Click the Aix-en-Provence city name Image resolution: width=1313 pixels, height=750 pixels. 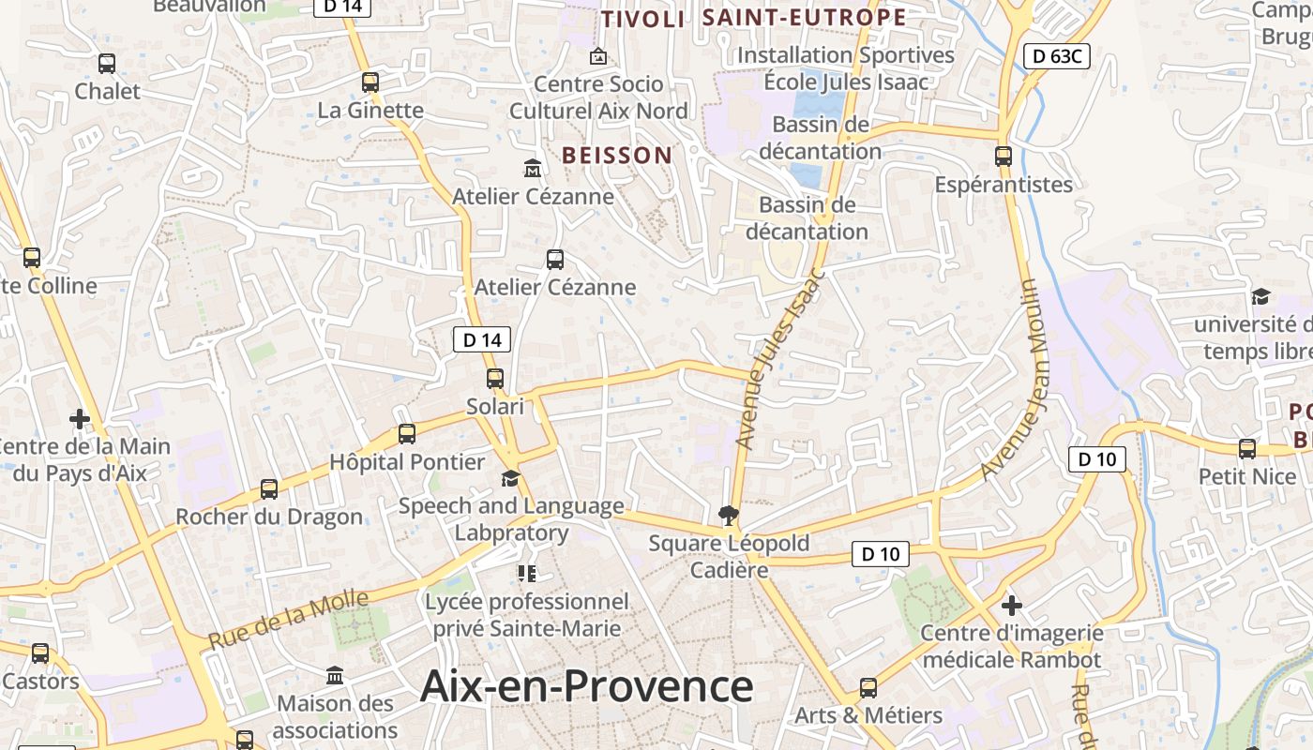coord(586,686)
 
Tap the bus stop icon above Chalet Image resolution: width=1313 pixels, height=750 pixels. coord(107,64)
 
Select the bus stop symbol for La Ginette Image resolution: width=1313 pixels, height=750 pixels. coord(370,82)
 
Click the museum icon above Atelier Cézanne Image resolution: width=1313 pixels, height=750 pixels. coord(533,169)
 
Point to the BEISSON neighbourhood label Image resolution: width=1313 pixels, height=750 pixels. coord(617,156)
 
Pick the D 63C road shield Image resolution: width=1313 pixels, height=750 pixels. coord(1057,56)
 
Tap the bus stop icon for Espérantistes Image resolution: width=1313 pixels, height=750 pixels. coord(1004,157)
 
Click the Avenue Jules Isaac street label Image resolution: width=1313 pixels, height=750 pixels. coord(778,359)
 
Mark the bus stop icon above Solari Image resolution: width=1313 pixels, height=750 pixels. coord(495,379)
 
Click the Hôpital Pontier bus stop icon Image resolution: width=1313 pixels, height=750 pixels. coord(407,434)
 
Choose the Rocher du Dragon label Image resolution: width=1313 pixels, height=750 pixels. coord(269,517)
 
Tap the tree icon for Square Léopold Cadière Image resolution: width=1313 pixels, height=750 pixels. coord(728,515)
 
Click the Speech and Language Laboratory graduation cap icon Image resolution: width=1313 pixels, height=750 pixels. coord(510,479)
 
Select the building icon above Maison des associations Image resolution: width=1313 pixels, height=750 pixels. coord(335,676)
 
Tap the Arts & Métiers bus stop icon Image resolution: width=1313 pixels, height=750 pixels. coord(868,688)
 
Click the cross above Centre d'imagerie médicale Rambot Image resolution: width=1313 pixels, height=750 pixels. coord(1011,606)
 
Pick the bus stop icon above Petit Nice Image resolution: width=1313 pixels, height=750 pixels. coord(1247,449)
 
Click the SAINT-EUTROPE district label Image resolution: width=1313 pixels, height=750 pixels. coord(804,18)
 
